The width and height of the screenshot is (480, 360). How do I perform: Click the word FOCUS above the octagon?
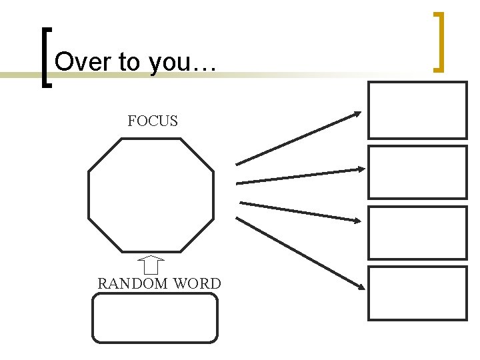tap(153, 121)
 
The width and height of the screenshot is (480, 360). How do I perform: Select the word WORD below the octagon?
tap(197, 283)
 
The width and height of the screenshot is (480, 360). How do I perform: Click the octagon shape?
tap(151, 195)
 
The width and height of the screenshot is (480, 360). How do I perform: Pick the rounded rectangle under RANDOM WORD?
tap(155, 318)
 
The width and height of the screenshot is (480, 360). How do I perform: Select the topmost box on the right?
tap(417, 110)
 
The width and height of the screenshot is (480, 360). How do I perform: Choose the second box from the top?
tap(417, 172)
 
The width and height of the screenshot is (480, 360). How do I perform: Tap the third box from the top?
tap(417, 232)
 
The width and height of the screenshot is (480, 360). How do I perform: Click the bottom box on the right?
tap(417, 293)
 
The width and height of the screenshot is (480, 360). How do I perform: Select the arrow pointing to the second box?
tap(300, 176)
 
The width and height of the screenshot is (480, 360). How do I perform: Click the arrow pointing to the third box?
tap(300, 211)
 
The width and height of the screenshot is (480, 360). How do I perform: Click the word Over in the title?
tap(80, 63)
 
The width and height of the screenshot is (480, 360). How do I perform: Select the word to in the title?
tap(127, 63)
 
